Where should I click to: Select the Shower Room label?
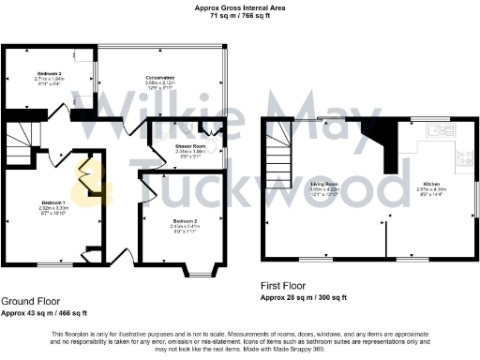coord(190,147)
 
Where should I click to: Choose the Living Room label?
coord(323,185)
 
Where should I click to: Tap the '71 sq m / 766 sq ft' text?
coord(241,17)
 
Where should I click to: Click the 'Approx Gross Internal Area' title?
coord(241,7)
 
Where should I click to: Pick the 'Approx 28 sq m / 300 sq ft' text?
coord(304,296)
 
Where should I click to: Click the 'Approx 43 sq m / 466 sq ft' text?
coord(44,312)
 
